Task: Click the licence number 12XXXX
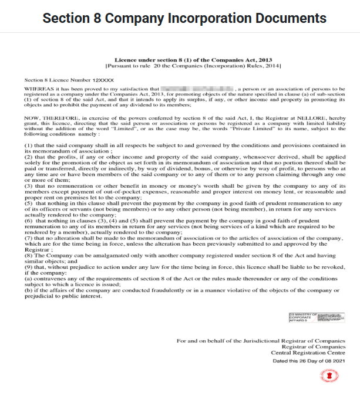point(103,79)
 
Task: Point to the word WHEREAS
point(37,89)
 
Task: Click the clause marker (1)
point(28,144)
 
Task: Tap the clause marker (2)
point(28,157)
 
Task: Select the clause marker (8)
point(28,256)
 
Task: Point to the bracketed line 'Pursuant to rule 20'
point(193,66)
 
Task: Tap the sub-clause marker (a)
point(28,280)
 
